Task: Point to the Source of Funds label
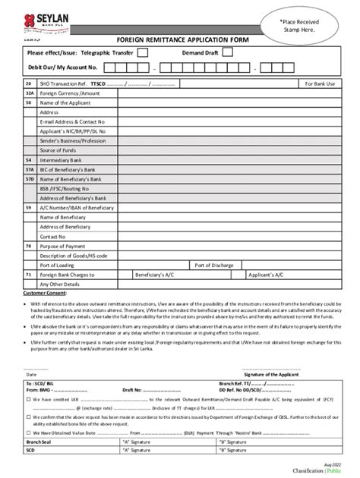click(x=60, y=150)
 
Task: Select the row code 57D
click(x=29, y=178)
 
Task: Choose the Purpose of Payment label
click(x=63, y=246)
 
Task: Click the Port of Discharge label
click(x=214, y=265)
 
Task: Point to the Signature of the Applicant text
click(x=272, y=374)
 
